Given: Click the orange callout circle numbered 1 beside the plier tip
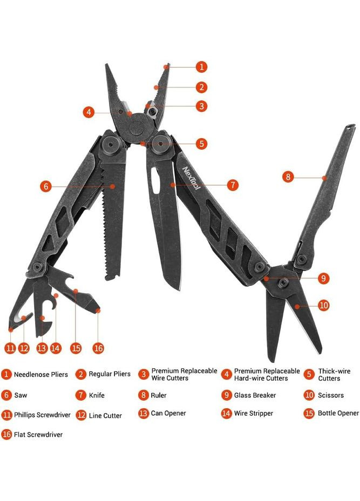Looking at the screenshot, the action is pyautogui.click(x=201, y=67).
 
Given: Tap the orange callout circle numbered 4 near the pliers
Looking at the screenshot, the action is pyautogui.click(x=89, y=112).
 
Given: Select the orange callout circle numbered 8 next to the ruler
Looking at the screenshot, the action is pyautogui.click(x=288, y=177).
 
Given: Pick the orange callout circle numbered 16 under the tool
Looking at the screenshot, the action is pyautogui.click(x=98, y=348).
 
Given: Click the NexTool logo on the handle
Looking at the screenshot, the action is pyautogui.click(x=191, y=178).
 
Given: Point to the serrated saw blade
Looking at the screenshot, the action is pyautogui.click(x=113, y=220).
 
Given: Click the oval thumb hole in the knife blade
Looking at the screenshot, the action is pyautogui.click(x=155, y=181).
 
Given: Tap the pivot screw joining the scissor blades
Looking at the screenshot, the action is pyautogui.click(x=283, y=282).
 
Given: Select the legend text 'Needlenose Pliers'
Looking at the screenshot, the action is pyautogui.click(x=41, y=374).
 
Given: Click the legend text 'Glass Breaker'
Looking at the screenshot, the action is pyautogui.click(x=255, y=395).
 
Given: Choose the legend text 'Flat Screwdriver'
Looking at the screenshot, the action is pyautogui.click(x=38, y=435).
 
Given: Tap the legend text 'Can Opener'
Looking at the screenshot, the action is pyautogui.click(x=168, y=414).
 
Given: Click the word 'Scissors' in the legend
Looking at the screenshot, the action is pyautogui.click(x=331, y=395).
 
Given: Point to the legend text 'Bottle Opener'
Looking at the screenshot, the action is pyautogui.click(x=338, y=413).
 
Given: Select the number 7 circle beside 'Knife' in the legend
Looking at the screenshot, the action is pyautogui.click(x=81, y=395).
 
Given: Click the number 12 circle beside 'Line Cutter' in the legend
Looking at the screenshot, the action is pyautogui.click(x=81, y=415).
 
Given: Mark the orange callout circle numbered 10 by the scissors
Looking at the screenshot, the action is pyautogui.click(x=323, y=305).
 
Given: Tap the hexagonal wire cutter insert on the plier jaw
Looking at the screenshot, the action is pyautogui.click(x=152, y=111).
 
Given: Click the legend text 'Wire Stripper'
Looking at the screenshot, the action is pyautogui.click(x=253, y=414).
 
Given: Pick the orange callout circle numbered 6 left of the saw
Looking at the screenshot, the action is pyautogui.click(x=46, y=186).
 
